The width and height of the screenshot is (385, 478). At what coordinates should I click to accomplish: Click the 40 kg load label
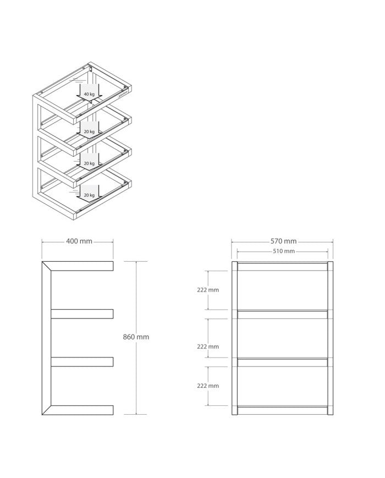click(x=89, y=94)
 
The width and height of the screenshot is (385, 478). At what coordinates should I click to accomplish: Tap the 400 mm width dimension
click(x=79, y=241)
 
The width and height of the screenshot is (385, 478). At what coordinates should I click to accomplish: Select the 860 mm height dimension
click(x=136, y=337)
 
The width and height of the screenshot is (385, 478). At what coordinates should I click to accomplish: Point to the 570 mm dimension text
click(x=283, y=241)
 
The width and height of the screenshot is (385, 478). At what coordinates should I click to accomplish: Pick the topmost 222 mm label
click(x=208, y=290)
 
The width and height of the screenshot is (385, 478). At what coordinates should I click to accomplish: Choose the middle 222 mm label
click(x=208, y=347)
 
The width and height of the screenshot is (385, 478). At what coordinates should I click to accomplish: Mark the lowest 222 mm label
click(x=208, y=386)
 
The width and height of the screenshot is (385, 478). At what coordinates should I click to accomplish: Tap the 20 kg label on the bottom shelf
click(x=89, y=195)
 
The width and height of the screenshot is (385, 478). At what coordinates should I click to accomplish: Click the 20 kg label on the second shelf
click(x=89, y=131)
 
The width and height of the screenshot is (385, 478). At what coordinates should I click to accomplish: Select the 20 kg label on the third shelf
click(x=89, y=163)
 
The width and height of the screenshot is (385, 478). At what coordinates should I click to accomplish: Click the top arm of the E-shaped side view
click(x=82, y=266)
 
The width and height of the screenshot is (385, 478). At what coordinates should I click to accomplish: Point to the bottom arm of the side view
click(x=82, y=410)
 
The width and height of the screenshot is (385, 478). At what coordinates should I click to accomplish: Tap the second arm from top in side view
click(x=82, y=314)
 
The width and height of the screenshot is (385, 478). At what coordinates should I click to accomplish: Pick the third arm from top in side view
click(x=82, y=362)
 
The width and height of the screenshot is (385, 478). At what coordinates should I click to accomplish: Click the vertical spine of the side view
click(x=46, y=338)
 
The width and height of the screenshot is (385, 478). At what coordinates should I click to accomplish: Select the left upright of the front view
click(x=234, y=338)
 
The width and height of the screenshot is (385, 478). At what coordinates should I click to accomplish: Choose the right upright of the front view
click(x=330, y=338)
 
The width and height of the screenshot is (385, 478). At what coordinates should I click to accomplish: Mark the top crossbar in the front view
click(x=282, y=266)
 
